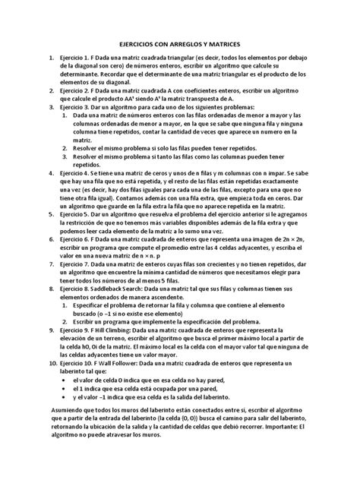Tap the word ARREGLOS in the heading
pos(186,45)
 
